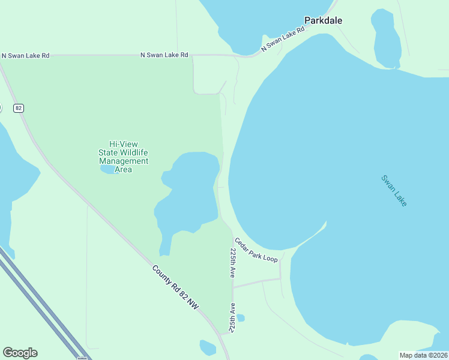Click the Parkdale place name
(x=323, y=20)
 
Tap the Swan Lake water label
(x=394, y=191)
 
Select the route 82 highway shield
(x=19, y=107)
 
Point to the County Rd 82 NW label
(x=175, y=288)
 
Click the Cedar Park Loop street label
(x=256, y=250)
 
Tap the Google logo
(x=20, y=353)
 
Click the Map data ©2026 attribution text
(x=423, y=355)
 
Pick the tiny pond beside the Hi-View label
(x=107, y=170)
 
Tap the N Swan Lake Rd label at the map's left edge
(x=25, y=55)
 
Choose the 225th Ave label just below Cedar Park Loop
(x=232, y=263)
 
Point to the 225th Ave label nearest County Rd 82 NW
(x=231, y=318)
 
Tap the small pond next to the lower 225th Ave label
(x=241, y=317)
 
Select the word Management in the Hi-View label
(x=124, y=161)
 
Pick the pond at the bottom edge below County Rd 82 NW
(x=207, y=347)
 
